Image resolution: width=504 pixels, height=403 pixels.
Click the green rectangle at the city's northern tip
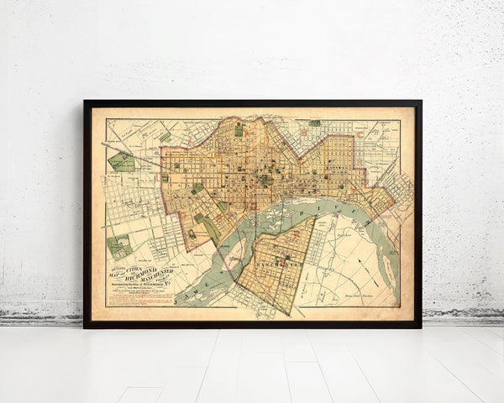239,130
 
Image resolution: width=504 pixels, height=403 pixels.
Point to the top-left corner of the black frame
85,102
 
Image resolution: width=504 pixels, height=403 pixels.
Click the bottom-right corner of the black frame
420,326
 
